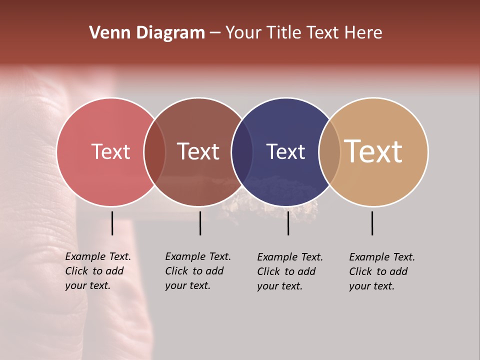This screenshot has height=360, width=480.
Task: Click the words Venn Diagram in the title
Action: (x=147, y=33)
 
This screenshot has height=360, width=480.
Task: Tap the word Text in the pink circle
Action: (x=110, y=151)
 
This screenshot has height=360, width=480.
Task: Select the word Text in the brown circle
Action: (x=198, y=151)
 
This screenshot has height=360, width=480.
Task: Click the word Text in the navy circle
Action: (x=285, y=151)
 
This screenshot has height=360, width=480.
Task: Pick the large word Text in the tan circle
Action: (x=373, y=151)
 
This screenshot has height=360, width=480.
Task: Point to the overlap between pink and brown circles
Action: (x=154, y=152)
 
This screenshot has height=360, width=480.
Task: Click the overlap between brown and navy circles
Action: (x=242, y=152)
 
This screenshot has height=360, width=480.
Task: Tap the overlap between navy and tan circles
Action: (x=329, y=152)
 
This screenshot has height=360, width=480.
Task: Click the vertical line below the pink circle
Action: (x=112, y=223)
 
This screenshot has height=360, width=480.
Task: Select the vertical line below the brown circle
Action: (x=200, y=223)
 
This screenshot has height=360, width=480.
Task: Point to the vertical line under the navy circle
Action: (x=288, y=223)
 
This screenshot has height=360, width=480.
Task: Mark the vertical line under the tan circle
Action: (x=372, y=223)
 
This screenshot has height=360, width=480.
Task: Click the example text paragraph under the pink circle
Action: (x=98, y=271)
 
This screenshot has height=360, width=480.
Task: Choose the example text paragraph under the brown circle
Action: (x=198, y=271)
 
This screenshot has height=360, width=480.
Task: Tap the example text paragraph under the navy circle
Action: (x=290, y=271)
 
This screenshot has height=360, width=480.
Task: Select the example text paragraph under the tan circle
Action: (x=382, y=271)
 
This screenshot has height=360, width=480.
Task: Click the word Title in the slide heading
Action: (x=284, y=33)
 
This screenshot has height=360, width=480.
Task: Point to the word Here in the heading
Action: (x=363, y=33)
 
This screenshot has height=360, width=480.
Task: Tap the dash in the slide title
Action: (x=215, y=33)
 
